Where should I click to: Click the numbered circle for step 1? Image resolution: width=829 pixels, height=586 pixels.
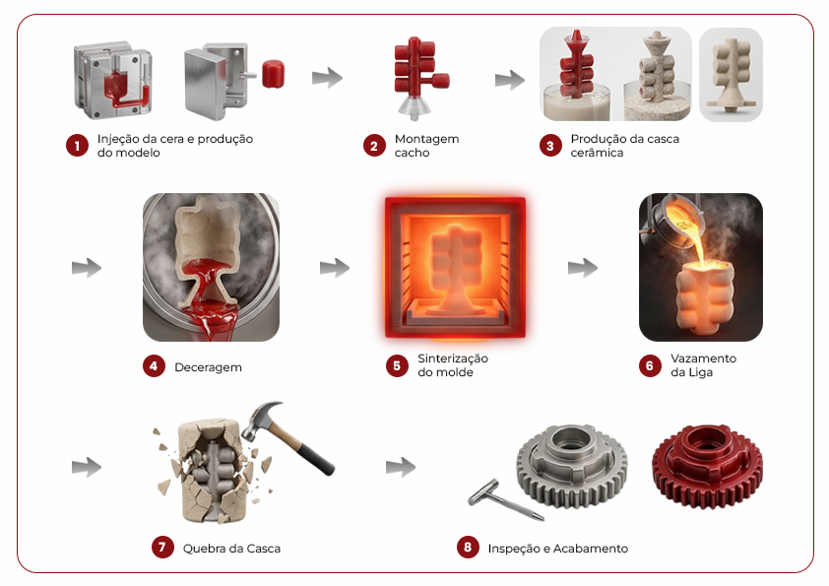(x=77, y=146)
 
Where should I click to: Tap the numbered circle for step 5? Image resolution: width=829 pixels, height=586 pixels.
(x=397, y=365)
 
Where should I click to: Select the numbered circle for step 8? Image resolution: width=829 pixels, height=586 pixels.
(x=468, y=547)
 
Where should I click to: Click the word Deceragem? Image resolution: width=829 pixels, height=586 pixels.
(x=209, y=367)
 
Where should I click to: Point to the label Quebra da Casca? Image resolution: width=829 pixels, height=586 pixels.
(x=231, y=549)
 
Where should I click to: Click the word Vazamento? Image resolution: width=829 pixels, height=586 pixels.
(x=703, y=358)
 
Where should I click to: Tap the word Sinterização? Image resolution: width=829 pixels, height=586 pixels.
(x=453, y=358)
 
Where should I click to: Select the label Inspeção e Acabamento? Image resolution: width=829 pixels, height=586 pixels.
(x=558, y=549)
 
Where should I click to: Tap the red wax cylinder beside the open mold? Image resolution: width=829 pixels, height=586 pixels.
(x=273, y=74)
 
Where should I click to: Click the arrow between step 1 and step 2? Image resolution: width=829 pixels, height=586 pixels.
(x=327, y=77)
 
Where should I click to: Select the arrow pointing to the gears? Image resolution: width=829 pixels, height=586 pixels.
(x=401, y=467)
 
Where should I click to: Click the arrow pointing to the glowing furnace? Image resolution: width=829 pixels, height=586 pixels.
(x=335, y=268)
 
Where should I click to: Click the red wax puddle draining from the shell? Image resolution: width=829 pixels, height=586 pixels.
(x=212, y=317)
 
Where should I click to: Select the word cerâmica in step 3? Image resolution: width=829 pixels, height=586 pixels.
(x=597, y=153)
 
